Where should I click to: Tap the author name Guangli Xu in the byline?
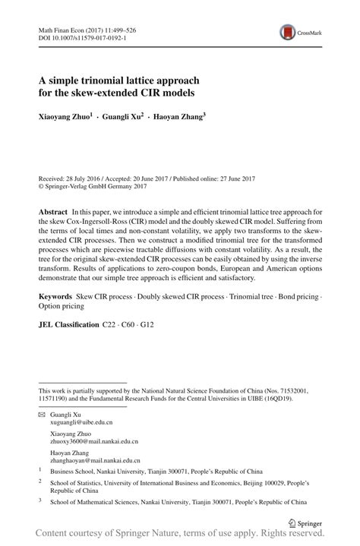(x=123, y=118)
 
